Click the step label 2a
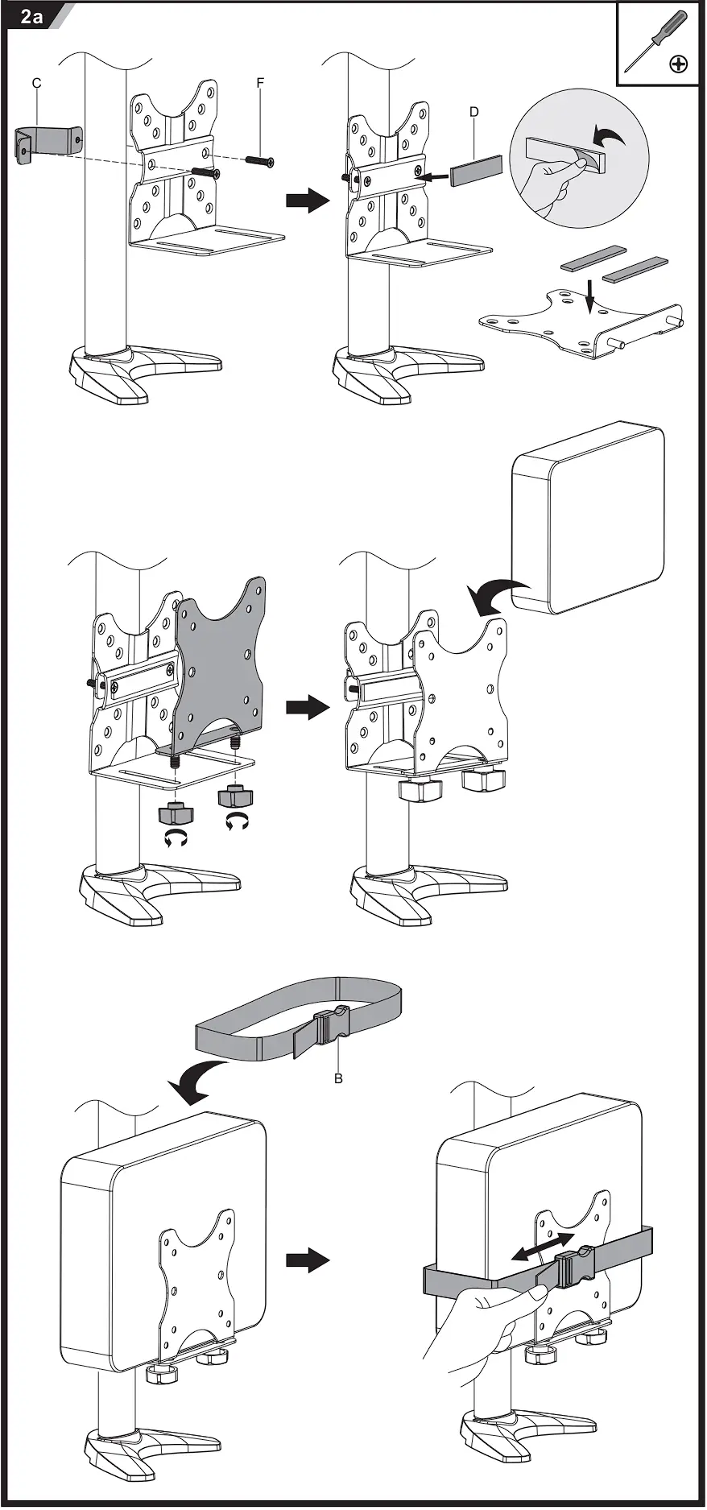point(31,15)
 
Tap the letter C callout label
point(36,84)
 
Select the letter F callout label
point(260,83)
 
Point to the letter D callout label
point(474,112)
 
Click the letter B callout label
point(339,1078)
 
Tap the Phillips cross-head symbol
point(679,64)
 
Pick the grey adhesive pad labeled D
point(476,171)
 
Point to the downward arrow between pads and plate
point(589,296)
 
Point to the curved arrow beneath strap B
point(197,1080)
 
